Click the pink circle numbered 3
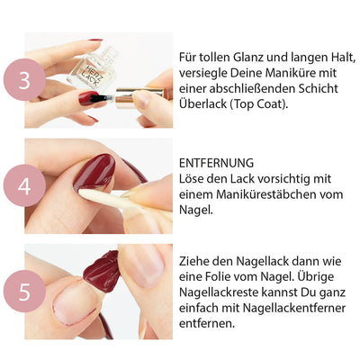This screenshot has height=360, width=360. (x=24, y=79)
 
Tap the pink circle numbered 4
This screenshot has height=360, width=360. (x=24, y=185)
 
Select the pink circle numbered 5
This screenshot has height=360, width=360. (x=24, y=291)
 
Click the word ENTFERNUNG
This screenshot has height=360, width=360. (x=216, y=163)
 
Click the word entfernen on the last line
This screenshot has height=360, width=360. (x=207, y=323)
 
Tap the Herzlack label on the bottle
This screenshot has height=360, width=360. (x=92, y=75)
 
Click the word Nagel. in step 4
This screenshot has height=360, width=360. (x=196, y=210)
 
